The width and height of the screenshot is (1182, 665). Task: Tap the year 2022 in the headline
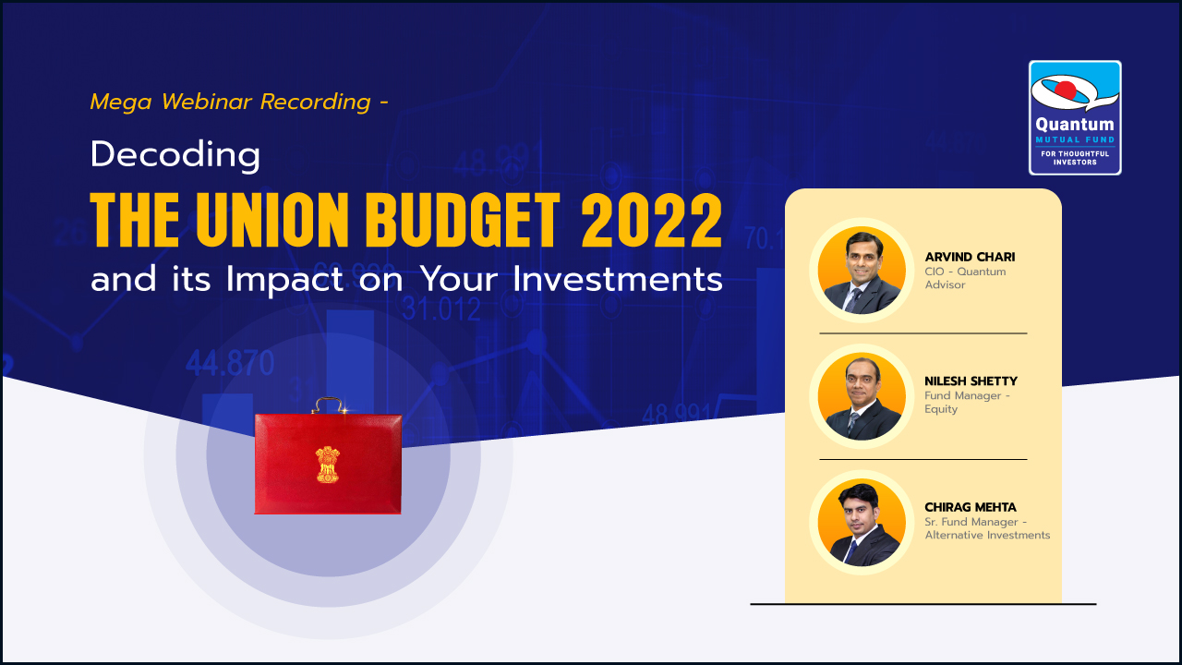tap(652, 220)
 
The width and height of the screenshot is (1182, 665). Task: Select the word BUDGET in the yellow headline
tap(463, 220)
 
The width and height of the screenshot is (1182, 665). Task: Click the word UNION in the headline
tap(275, 220)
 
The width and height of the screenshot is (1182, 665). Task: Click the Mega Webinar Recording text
tap(239, 102)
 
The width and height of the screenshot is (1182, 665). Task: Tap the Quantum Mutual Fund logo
tap(1075, 117)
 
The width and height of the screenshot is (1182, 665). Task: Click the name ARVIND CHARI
tap(970, 257)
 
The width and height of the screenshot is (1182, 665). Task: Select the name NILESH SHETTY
tap(971, 381)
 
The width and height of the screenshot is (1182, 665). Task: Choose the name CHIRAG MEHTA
tap(971, 507)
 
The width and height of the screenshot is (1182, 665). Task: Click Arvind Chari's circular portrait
tap(862, 271)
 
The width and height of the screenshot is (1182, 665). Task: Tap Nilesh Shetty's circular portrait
tap(862, 396)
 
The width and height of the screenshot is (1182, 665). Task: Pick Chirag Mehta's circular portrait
tap(862, 523)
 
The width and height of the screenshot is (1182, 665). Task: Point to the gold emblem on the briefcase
tap(328, 465)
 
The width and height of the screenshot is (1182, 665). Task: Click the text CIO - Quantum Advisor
tap(965, 278)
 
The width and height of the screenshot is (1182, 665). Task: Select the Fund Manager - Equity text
tap(967, 402)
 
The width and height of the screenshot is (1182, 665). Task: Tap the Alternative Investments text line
tap(987, 535)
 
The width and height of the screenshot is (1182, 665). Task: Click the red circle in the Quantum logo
tap(1066, 91)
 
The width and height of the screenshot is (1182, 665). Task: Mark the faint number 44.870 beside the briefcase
tap(230, 364)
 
